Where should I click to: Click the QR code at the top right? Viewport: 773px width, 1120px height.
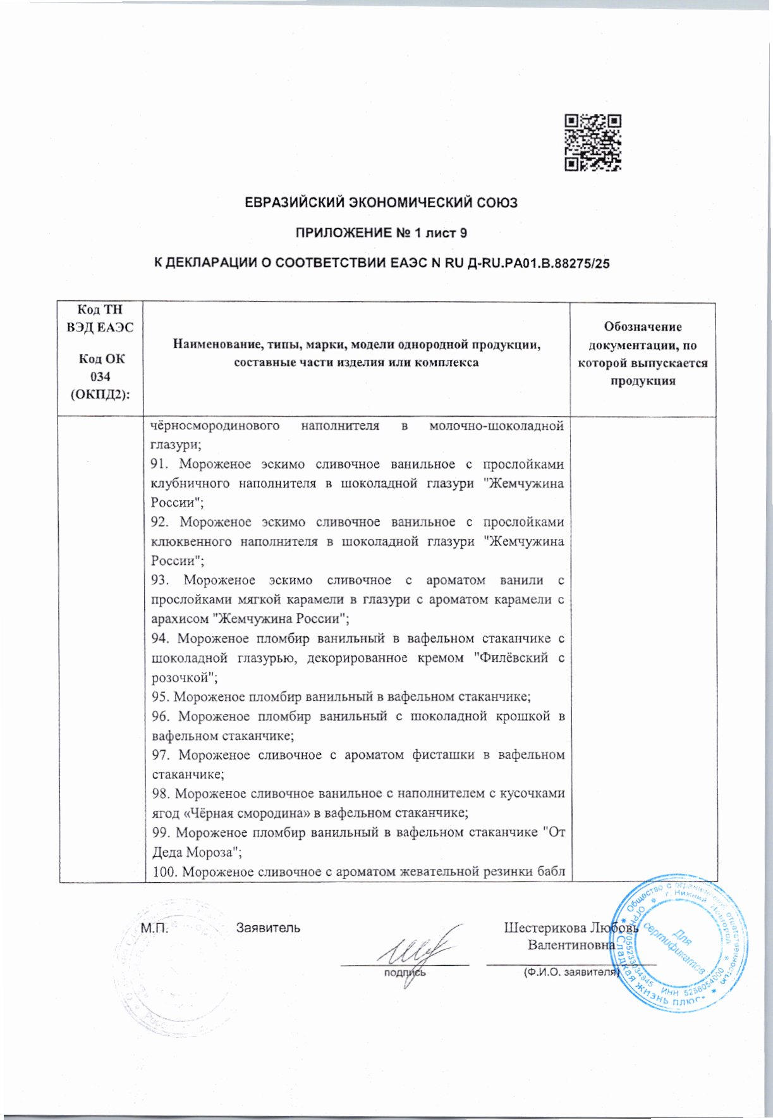(x=592, y=142)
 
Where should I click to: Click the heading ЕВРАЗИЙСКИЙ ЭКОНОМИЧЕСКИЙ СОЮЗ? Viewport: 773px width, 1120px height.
(x=381, y=203)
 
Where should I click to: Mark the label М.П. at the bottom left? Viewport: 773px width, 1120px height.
(x=153, y=928)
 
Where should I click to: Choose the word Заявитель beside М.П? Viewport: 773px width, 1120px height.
(x=268, y=928)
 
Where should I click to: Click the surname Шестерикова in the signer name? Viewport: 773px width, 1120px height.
(x=545, y=928)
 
